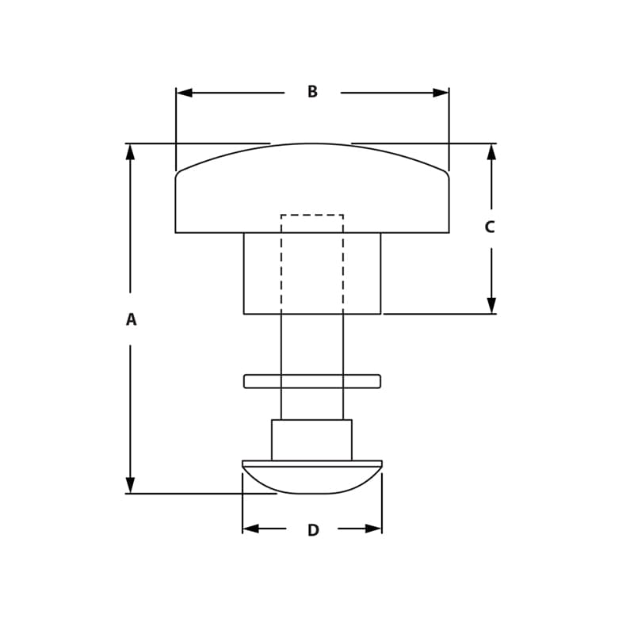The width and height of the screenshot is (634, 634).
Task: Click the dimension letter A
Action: pos(131,319)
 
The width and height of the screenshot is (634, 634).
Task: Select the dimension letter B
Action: pos(312,92)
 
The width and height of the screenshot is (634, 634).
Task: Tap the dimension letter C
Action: pos(490,227)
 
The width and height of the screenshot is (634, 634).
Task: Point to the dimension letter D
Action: pos(313,530)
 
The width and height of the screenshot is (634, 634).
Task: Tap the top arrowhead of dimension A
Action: pos(130,151)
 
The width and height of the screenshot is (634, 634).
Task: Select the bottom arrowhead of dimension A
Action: pos(130,485)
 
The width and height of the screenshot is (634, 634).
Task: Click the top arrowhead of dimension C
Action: pos(491,151)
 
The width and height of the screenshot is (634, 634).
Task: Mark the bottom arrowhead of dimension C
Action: pos(491,305)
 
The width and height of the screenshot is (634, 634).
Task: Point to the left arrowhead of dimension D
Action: pos(250,529)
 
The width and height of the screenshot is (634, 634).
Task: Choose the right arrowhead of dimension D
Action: pos(373,529)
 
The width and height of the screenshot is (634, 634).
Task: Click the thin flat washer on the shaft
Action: pos(312,381)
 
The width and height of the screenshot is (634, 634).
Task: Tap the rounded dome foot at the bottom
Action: pos(312,480)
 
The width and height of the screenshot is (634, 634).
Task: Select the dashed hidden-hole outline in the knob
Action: pos(312,216)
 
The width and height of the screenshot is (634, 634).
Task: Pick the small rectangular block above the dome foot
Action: pos(311,440)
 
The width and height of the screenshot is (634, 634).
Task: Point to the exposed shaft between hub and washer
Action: pos(312,345)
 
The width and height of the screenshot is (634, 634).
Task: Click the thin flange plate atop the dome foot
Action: pos(312,463)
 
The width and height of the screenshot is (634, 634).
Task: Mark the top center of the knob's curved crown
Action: pos(312,144)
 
